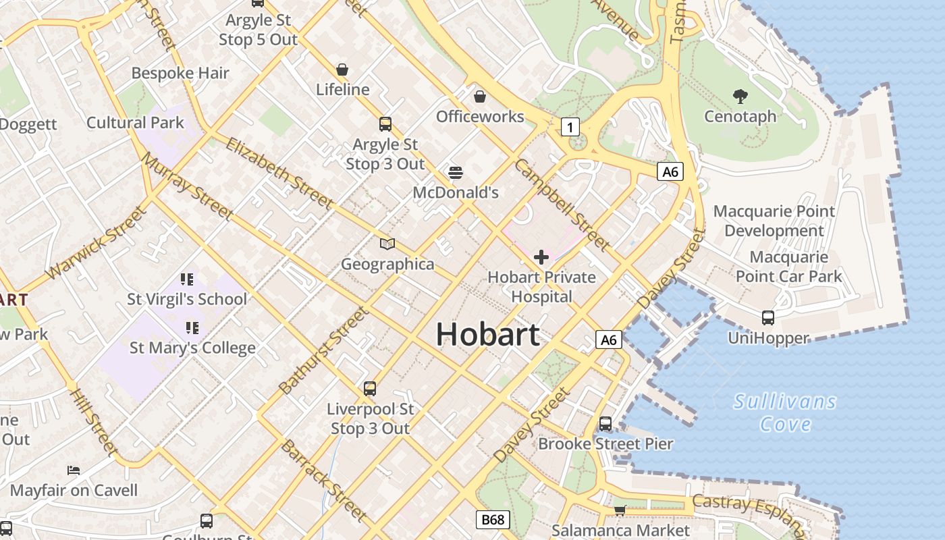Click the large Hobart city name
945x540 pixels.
(x=487, y=334)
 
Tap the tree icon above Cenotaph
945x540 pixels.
(x=740, y=97)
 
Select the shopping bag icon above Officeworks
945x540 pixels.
(x=480, y=97)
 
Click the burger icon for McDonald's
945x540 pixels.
(x=456, y=173)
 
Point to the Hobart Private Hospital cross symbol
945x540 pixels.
(x=541, y=257)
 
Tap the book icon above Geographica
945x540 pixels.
(x=387, y=244)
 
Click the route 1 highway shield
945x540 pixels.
(x=570, y=126)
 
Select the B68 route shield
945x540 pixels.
(x=493, y=520)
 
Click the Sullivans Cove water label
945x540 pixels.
(x=785, y=413)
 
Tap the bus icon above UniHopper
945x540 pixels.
(x=768, y=317)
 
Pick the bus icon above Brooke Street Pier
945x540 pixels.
(x=605, y=424)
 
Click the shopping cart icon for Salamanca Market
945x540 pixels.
(x=620, y=510)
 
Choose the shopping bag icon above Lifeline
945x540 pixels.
(x=342, y=70)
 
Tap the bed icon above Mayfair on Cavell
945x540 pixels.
(x=74, y=470)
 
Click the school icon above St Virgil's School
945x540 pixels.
(x=187, y=279)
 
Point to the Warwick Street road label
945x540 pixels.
(x=96, y=243)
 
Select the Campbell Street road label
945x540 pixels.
(x=562, y=204)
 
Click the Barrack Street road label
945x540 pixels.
(x=324, y=480)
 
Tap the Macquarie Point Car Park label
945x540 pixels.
(x=789, y=267)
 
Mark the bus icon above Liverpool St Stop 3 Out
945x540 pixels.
(x=370, y=389)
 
